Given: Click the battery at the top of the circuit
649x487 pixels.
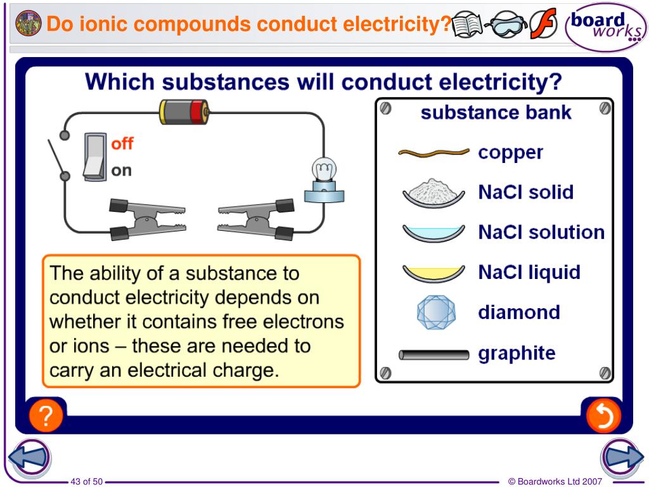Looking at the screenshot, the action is (x=183, y=112).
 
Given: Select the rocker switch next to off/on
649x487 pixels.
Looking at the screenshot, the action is (x=93, y=156).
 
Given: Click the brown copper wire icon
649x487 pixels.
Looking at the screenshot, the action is (x=434, y=152).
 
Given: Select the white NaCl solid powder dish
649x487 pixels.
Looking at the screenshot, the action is (x=434, y=192).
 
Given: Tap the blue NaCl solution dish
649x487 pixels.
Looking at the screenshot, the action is (x=434, y=233).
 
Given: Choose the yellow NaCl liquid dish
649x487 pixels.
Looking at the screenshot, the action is (x=434, y=273).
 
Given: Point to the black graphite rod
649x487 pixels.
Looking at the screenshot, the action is (x=434, y=354).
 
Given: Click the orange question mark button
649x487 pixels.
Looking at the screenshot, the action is (x=46, y=417).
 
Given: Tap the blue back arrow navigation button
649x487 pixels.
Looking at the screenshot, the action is (x=29, y=457).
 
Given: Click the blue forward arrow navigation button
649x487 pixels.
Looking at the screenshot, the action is (x=622, y=457).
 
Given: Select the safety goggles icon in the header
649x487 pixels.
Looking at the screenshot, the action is (x=505, y=25).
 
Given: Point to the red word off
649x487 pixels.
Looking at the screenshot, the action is (x=122, y=143).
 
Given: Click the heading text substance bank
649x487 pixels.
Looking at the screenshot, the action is (x=496, y=113).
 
